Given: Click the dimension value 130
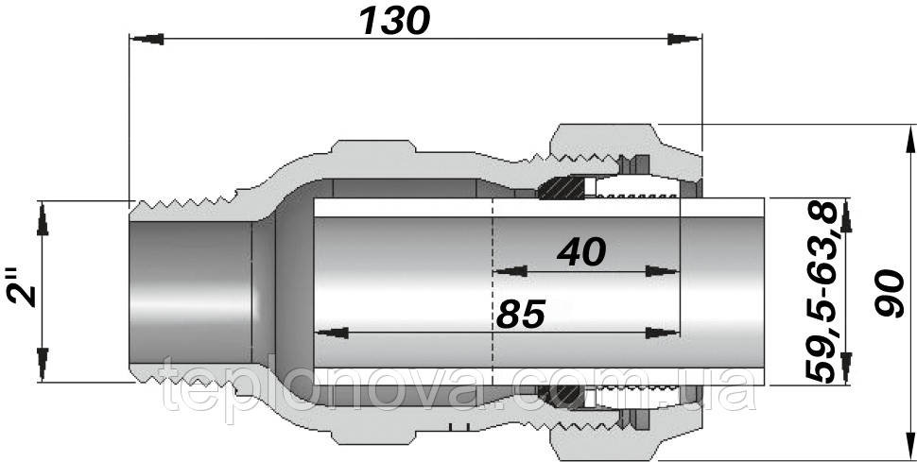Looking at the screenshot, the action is (x=395, y=21).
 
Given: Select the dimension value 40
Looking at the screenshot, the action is (x=581, y=252).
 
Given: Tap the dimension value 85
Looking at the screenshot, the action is (x=521, y=314).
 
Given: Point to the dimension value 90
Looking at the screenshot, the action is (x=890, y=292).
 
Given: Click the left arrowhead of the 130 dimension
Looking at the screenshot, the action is (x=147, y=39).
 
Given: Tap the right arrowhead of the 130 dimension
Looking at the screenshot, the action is (x=684, y=39).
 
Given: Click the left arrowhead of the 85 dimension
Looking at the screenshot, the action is (x=332, y=333).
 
